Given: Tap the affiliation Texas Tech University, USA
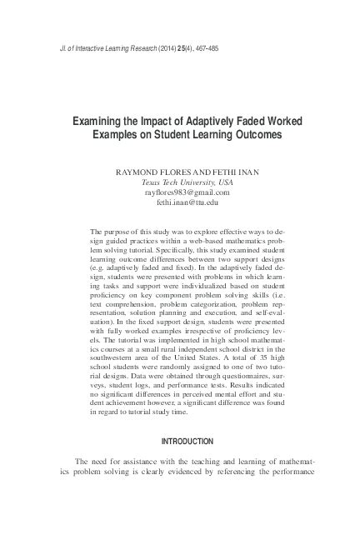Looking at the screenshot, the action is tap(181, 182).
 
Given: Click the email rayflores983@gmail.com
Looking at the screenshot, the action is tap(181, 192).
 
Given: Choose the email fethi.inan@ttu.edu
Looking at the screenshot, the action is tap(181, 203).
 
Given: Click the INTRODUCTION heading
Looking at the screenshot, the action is tap(180, 441).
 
